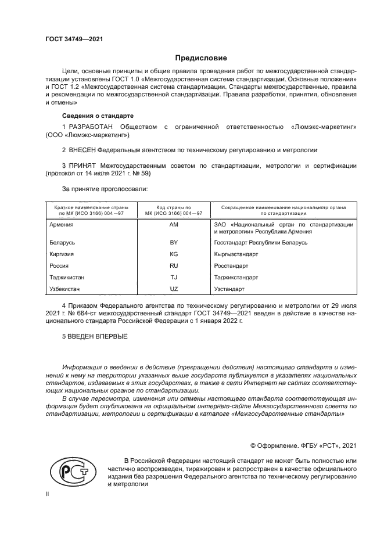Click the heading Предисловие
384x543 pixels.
click(201, 58)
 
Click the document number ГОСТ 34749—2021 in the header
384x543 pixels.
click(74, 39)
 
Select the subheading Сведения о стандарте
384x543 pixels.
click(98, 116)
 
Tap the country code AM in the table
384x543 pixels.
click(174, 224)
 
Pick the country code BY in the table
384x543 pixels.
click(174, 242)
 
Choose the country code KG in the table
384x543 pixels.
click(174, 254)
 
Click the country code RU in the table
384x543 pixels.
click(174, 265)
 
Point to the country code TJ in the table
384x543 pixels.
click(174, 277)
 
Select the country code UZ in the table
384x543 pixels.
click(174, 289)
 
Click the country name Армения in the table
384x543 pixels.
click(62, 224)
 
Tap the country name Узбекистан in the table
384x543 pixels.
click(65, 289)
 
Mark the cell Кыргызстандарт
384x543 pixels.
click(236, 254)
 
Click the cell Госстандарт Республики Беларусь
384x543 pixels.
click(261, 242)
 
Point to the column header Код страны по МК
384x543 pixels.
click(174, 210)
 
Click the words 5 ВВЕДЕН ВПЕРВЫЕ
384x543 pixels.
click(95, 337)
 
